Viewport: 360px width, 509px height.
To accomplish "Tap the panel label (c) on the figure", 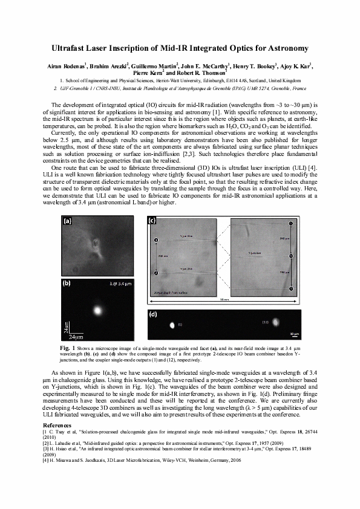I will [x=152, y=221].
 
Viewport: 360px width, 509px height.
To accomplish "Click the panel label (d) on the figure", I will [x=153, y=315].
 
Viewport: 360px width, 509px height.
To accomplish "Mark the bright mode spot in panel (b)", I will [x=97, y=311].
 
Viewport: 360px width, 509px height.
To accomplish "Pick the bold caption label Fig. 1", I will [x=67, y=349].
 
